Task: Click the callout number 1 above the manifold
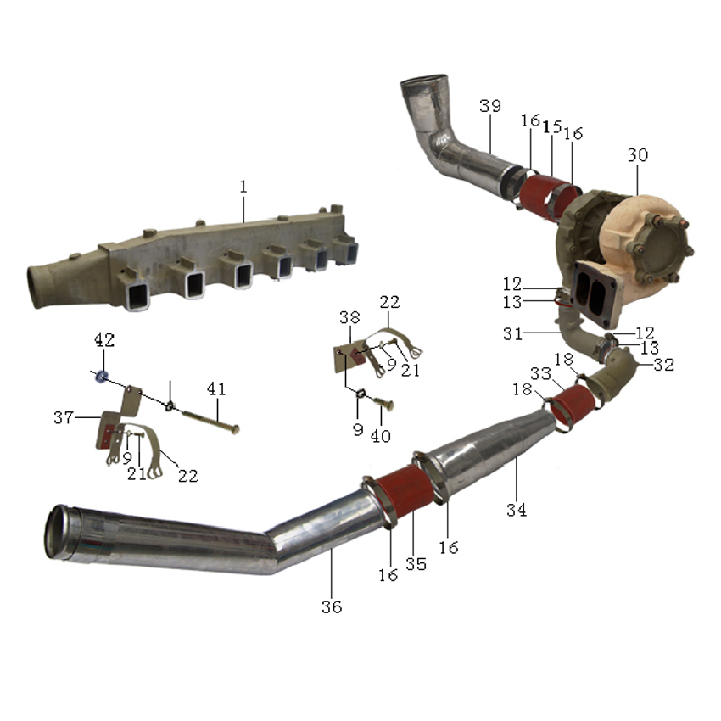tap(243, 187)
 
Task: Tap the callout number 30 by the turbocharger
tap(638, 155)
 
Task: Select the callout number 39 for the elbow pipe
tap(489, 106)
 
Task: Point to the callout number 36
tap(332, 607)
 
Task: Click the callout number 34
tap(517, 510)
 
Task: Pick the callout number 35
tap(416, 564)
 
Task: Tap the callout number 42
tap(104, 340)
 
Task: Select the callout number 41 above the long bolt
tap(216, 389)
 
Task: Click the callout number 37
tap(64, 417)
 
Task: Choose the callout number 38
tap(349, 317)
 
